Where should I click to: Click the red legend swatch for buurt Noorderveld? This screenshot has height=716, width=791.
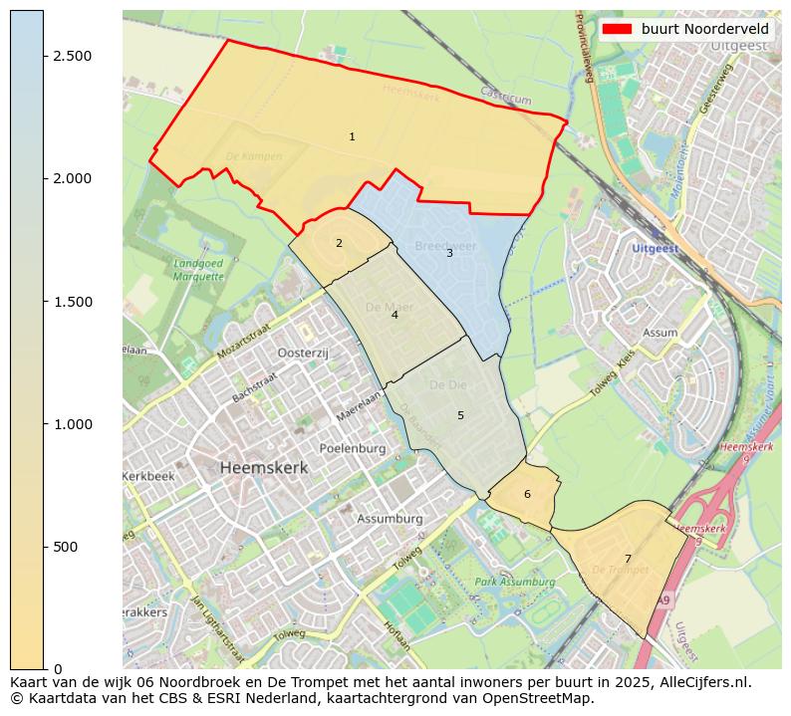coord(618,30)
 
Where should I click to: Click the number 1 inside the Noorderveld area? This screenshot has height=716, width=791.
coord(352,136)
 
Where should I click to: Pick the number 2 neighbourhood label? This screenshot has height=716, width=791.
coord(339,243)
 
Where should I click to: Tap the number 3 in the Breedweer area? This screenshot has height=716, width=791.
coord(449,253)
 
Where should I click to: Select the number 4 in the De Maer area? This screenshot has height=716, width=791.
coord(395,315)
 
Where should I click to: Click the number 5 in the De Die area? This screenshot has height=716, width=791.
coord(460,415)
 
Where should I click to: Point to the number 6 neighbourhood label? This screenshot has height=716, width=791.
coord(527,495)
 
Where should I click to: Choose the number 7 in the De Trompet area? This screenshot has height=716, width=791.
coord(628,559)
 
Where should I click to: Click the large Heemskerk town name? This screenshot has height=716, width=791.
coord(264,467)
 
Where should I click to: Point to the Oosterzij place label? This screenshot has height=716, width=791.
coord(303,354)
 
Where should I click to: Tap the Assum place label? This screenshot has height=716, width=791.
coord(660,333)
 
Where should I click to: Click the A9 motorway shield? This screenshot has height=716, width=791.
coord(664,599)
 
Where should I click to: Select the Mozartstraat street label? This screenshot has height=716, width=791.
coord(243,342)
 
